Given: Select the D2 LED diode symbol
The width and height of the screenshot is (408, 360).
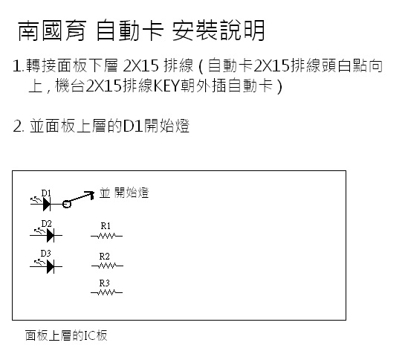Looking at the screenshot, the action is (x=46, y=235).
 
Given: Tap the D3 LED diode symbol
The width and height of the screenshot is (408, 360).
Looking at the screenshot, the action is (x=46, y=266).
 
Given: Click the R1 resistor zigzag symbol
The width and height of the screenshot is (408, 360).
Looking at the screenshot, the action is (x=107, y=236).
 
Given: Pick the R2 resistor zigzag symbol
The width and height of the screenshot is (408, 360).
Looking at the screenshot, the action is (x=107, y=266).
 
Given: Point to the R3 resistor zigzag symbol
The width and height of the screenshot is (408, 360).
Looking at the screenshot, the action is (x=107, y=292).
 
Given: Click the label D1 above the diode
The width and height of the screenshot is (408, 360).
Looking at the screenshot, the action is (x=46, y=193).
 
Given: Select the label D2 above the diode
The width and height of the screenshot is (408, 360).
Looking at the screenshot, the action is (x=46, y=223).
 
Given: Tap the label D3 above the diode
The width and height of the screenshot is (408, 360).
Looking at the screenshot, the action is (x=46, y=253).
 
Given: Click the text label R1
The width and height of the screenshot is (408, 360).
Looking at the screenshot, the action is (x=106, y=226).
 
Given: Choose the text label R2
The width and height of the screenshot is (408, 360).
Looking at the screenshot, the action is (x=104, y=257).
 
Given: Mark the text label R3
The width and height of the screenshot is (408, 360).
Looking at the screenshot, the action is (x=104, y=283).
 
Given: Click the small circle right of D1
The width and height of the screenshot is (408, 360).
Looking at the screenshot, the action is (x=67, y=204).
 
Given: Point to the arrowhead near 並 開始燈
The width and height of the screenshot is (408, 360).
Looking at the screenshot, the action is (x=91, y=194).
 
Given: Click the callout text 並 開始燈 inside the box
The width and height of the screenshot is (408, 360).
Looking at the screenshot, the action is (x=124, y=193).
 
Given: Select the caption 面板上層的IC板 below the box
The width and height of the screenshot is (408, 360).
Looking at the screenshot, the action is (x=66, y=335).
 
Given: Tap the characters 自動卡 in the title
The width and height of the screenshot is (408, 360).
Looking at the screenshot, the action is (x=129, y=30).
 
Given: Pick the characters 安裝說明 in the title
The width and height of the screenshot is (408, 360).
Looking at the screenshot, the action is (x=218, y=30).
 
